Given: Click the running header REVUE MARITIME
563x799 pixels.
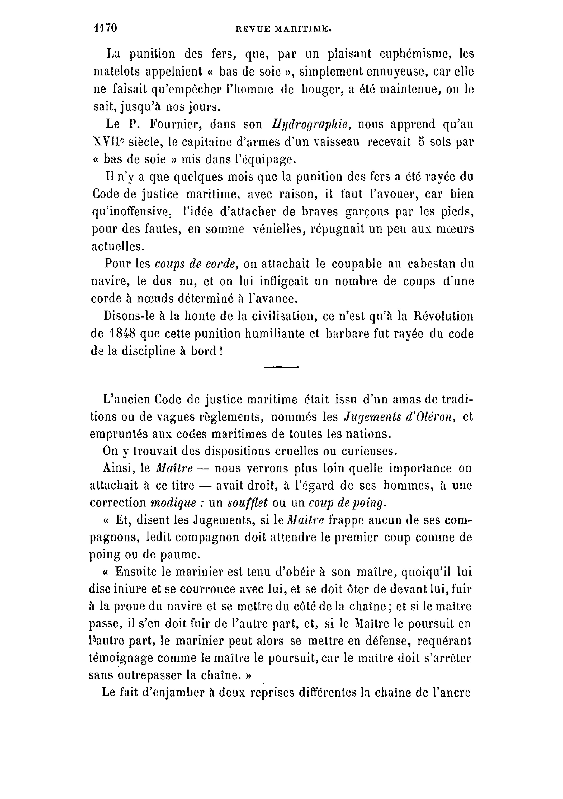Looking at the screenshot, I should point(283,30).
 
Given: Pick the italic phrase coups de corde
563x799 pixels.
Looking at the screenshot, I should point(196,264).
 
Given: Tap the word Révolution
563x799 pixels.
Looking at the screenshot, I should point(444,316).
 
